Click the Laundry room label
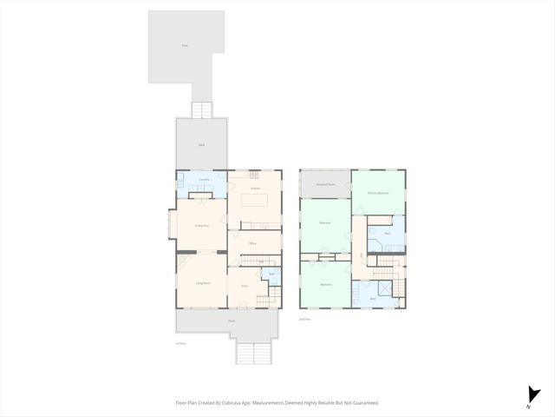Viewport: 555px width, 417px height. (203, 180)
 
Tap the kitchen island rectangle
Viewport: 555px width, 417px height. (255, 201)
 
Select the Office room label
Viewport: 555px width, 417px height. (251, 243)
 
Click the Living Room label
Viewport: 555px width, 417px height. (203, 282)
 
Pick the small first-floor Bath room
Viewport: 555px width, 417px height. (271, 276)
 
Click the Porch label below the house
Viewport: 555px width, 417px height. (232, 321)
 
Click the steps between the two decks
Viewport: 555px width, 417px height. (201, 109)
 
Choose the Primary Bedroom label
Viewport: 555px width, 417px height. (378, 192)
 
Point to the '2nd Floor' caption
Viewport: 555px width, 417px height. (304, 320)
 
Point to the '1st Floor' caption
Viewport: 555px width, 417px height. (180, 344)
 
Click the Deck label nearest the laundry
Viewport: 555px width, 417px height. (201, 145)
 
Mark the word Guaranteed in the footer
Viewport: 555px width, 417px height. (364, 402)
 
